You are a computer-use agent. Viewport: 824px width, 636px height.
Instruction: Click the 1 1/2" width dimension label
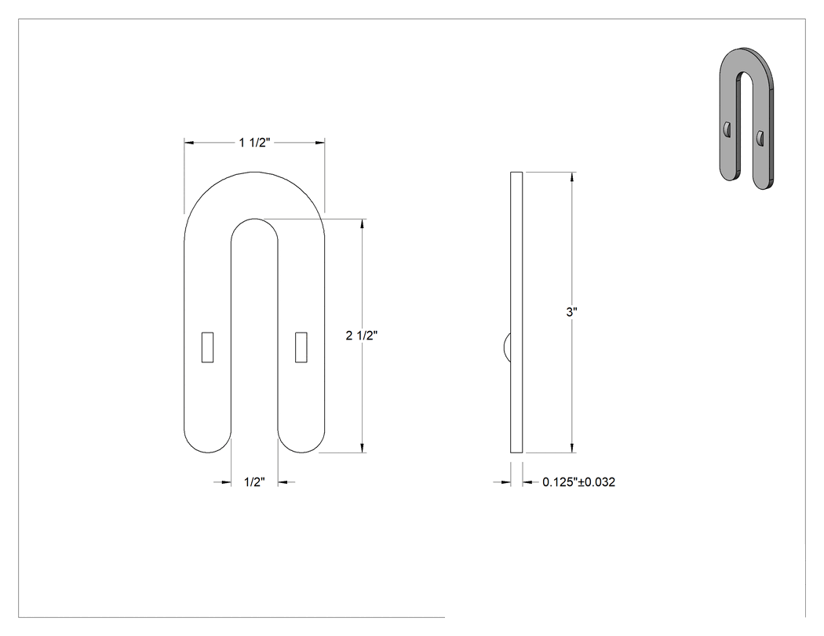click(254, 142)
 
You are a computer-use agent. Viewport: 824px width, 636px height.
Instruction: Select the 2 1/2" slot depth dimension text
click(362, 336)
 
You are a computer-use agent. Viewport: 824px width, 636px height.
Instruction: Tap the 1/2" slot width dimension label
click(254, 482)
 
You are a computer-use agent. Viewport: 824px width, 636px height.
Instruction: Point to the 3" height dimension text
click(572, 312)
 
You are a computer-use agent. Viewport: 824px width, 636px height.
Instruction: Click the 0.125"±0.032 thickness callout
click(578, 482)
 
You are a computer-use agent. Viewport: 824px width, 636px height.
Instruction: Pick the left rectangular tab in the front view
click(208, 347)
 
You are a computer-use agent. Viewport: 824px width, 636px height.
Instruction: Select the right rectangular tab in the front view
click(301, 347)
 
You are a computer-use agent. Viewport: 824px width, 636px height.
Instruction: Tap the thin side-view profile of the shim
click(516, 312)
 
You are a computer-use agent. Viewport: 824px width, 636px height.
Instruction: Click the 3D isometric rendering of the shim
click(746, 118)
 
